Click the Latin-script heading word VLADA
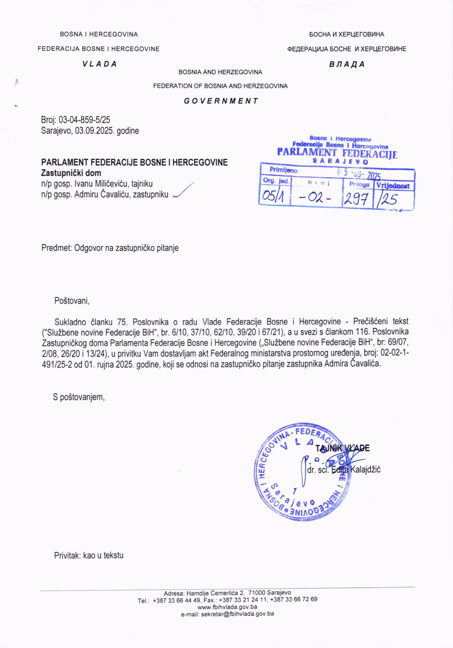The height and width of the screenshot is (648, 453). tap(99, 64)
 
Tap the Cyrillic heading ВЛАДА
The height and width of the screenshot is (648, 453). tap(347, 64)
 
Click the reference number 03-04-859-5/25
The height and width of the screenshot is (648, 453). tap(84, 120)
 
